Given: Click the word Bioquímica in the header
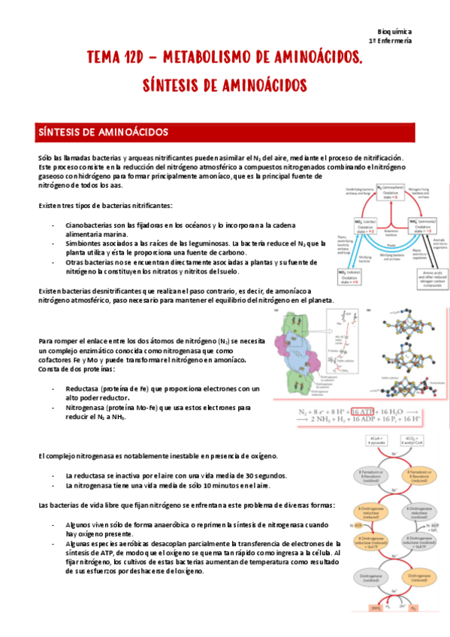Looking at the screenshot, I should click(x=393, y=32).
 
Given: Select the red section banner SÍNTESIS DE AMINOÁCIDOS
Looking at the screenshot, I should click(x=225, y=132).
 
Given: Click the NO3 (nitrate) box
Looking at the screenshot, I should click(x=351, y=275).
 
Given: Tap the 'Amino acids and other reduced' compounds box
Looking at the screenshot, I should click(x=425, y=277).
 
